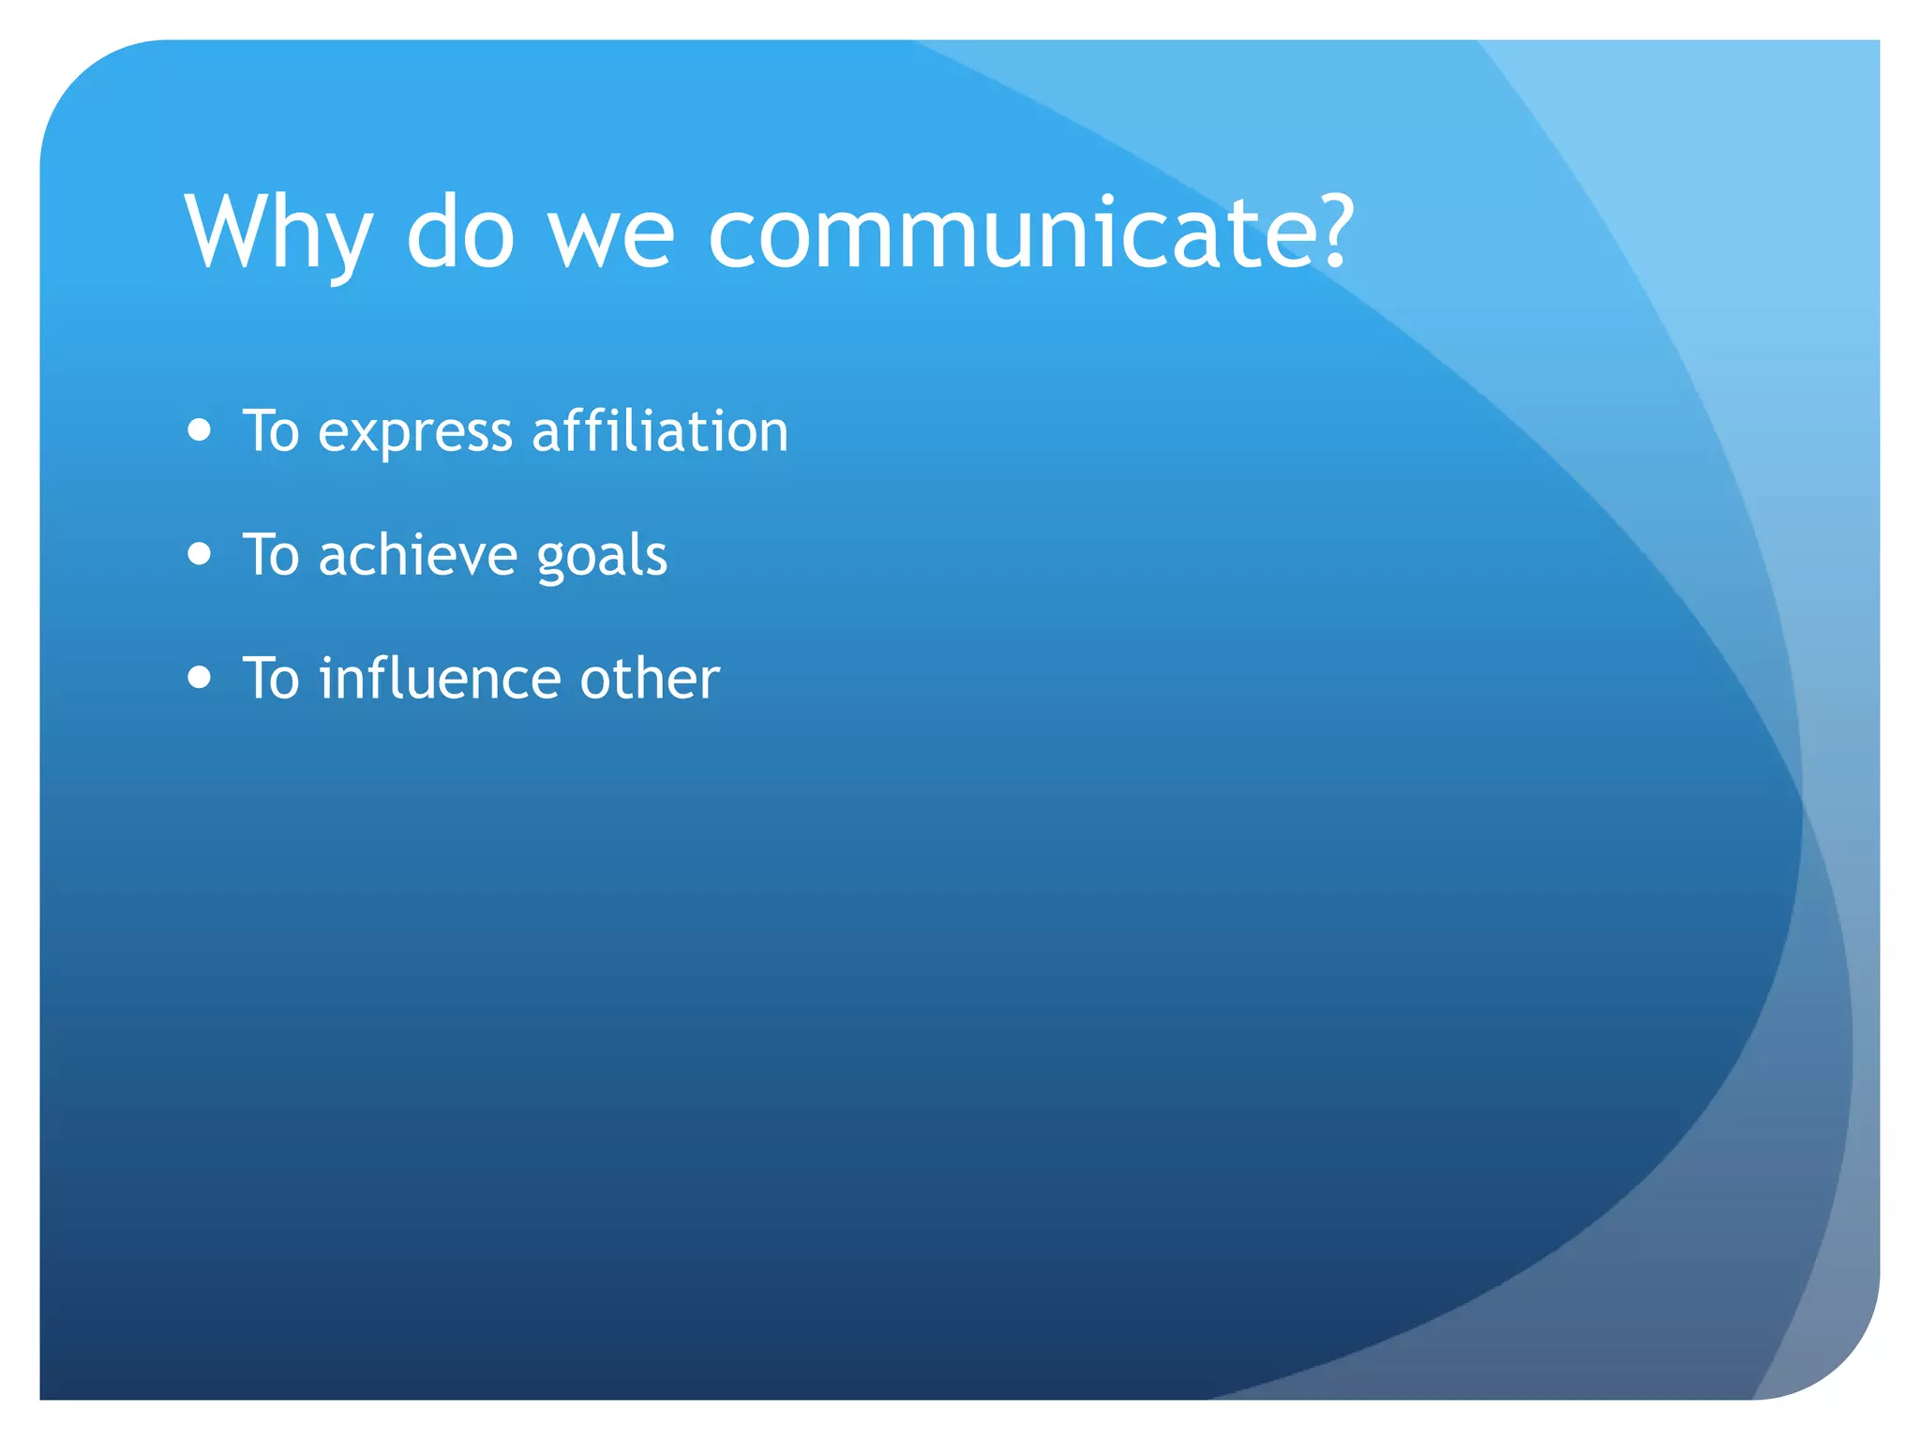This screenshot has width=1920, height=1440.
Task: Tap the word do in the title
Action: tap(460, 232)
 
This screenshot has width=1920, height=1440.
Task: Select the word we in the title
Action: tap(610, 239)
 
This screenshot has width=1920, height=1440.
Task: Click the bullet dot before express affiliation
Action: tap(199, 430)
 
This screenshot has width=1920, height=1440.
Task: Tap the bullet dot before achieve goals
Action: tap(199, 554)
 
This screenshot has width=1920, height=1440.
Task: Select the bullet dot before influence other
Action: tap(199, 677)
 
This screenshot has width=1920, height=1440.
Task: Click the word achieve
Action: tap(417, 555)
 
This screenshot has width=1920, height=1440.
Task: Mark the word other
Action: tap(650, 679)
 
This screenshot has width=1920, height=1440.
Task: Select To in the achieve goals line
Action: tap(271, 555)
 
